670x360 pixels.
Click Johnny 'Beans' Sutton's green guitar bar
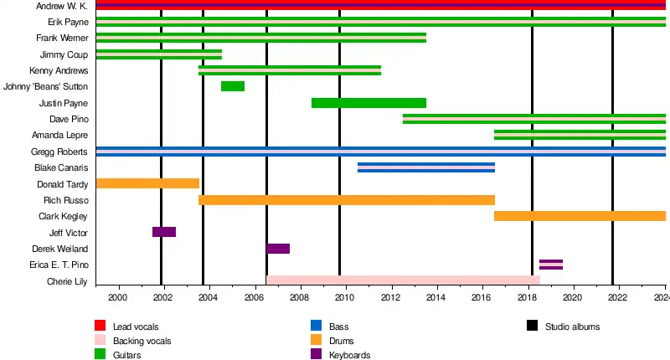(x=233, y=86)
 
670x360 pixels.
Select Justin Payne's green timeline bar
(x=368, y=103)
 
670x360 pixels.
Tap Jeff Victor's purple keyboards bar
(x=164, y=232)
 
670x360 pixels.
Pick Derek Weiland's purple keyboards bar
(x=278, y=249)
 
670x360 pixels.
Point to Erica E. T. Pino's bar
(x=551, y=265)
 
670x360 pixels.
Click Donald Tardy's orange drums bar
(x=147, y=183)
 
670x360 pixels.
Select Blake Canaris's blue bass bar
(x=426, y=167)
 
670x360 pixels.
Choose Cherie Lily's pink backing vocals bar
(x=403, y=280)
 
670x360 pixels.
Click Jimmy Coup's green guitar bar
(x=159, y=54)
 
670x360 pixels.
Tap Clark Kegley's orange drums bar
(x=580, y=216)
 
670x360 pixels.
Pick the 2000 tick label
(x=117, y=298)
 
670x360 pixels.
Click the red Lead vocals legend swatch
(x=100, y=326)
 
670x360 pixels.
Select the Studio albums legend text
(x=572, y=327)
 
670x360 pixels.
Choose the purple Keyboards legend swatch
(x=316, y=354)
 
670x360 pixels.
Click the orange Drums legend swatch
(x=316, y=340)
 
